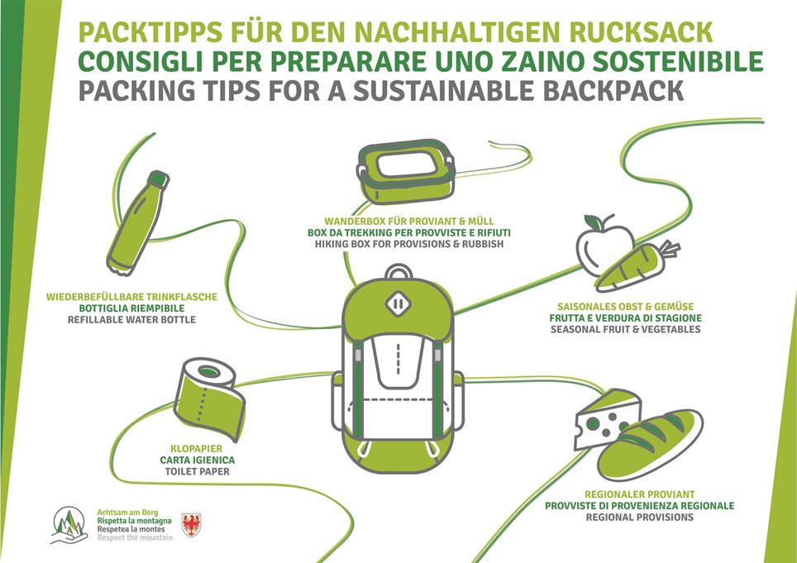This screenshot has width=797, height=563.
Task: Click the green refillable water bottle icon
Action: click(x=138, y=222)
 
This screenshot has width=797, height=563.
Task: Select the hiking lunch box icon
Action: click(x=405, y=169)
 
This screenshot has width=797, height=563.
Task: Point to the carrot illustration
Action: click(x=635, y=267)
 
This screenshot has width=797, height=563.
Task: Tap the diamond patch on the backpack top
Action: click(x=398, y=303)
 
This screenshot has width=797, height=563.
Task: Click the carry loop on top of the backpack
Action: click(x=398, y=273)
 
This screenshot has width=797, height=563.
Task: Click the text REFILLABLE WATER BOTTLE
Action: click(x=131, y=319)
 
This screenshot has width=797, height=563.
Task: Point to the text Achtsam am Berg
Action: click(x=123, y=513)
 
